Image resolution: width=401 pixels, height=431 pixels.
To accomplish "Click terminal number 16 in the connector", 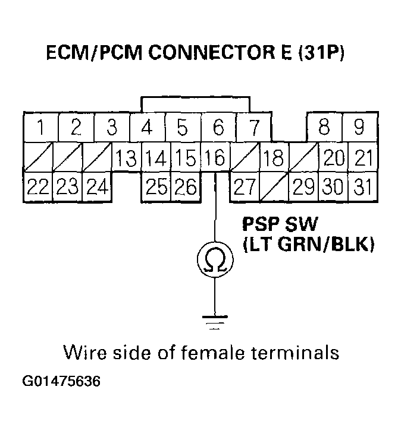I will [x=214, y=159].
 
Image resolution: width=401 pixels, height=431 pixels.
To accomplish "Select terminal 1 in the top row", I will [x=40, y=127].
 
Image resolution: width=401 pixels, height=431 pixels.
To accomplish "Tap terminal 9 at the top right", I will [x=359, y=127].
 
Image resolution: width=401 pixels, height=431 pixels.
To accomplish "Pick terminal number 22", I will [x=37, y=187].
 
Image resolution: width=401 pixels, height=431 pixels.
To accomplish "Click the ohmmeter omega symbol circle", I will [x=214, y=259].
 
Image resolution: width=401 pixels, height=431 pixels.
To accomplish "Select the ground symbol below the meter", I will [x=214, y=323].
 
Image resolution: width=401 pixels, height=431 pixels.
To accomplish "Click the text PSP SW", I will [x=278, y=225].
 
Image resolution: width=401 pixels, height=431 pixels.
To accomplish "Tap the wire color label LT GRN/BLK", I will [x=308, y=245].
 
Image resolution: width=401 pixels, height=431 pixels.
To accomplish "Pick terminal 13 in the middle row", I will [x=126, y=159].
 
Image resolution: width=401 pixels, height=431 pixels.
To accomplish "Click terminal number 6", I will [x=218, y=127].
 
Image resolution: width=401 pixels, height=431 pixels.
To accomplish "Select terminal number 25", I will [x=156, y=187].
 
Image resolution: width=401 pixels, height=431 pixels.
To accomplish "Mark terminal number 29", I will [x=303, y=187].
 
